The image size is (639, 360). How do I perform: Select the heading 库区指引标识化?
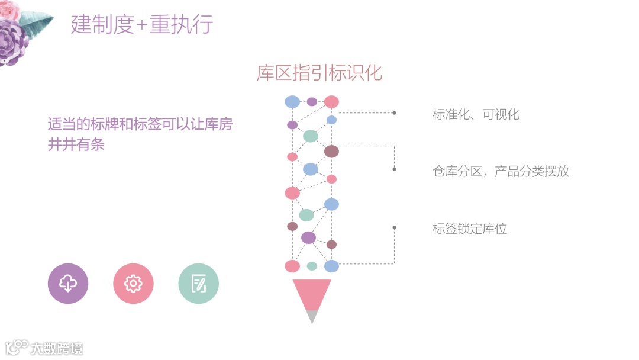[x=319, y=73]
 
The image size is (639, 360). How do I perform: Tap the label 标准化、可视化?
[x=476, y=114]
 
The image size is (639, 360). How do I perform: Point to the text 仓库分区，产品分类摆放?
[x=501, y=172]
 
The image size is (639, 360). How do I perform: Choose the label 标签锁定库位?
[x=470, y=229]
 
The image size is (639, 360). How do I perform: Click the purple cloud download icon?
[x=68, y=284]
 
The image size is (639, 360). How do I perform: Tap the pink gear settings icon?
[x=133, y=284]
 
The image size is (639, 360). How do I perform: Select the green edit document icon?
[x=198, y=284]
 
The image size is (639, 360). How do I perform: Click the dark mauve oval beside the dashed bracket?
[x=331, y=152]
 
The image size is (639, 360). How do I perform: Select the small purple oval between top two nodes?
[x=312, y=102]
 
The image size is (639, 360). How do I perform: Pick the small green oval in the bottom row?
[x=312, y=266]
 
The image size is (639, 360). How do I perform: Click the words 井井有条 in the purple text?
[x=76, y=144]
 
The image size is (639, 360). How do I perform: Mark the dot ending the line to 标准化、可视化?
[x=394, y=112]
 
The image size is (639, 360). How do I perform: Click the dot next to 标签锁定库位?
[x=394, y=227]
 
